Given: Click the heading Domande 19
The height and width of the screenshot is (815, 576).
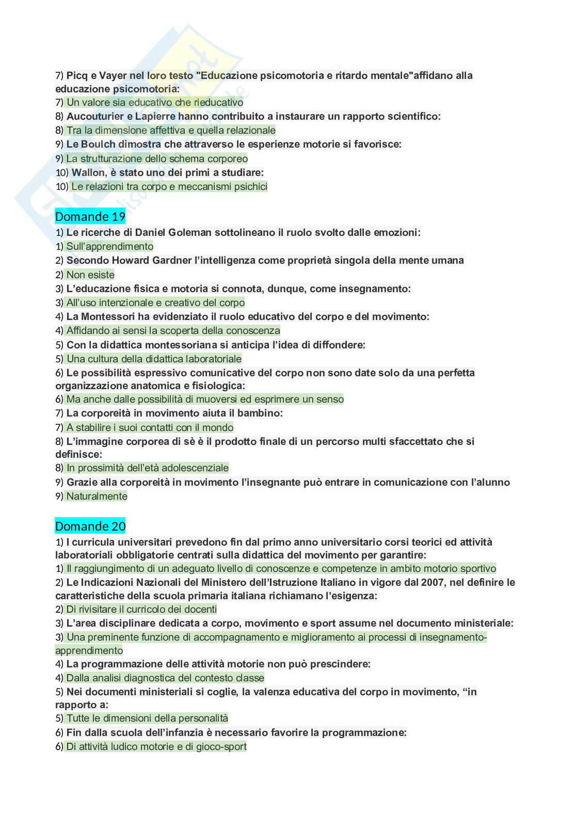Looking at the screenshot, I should (90, 216).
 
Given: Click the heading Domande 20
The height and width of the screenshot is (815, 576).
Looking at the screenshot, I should (90, 526).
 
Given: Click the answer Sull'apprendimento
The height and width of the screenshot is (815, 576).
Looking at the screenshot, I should (109, 247).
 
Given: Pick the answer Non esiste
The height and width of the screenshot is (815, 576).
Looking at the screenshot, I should (90, 275).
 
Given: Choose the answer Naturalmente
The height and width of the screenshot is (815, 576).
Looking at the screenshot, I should (97, 496).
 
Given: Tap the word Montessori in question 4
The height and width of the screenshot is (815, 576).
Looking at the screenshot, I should (107, 316).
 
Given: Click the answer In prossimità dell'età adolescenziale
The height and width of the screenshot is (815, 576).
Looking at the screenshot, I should (147, 468).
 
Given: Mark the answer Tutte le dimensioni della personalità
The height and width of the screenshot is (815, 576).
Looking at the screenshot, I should (147, 718).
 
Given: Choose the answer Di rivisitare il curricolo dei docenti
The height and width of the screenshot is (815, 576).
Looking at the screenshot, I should (141, 609).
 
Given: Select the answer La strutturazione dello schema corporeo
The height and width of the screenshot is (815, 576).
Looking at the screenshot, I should (157, 158).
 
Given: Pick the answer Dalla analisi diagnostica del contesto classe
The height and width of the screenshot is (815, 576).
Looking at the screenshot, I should (165, 678).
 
